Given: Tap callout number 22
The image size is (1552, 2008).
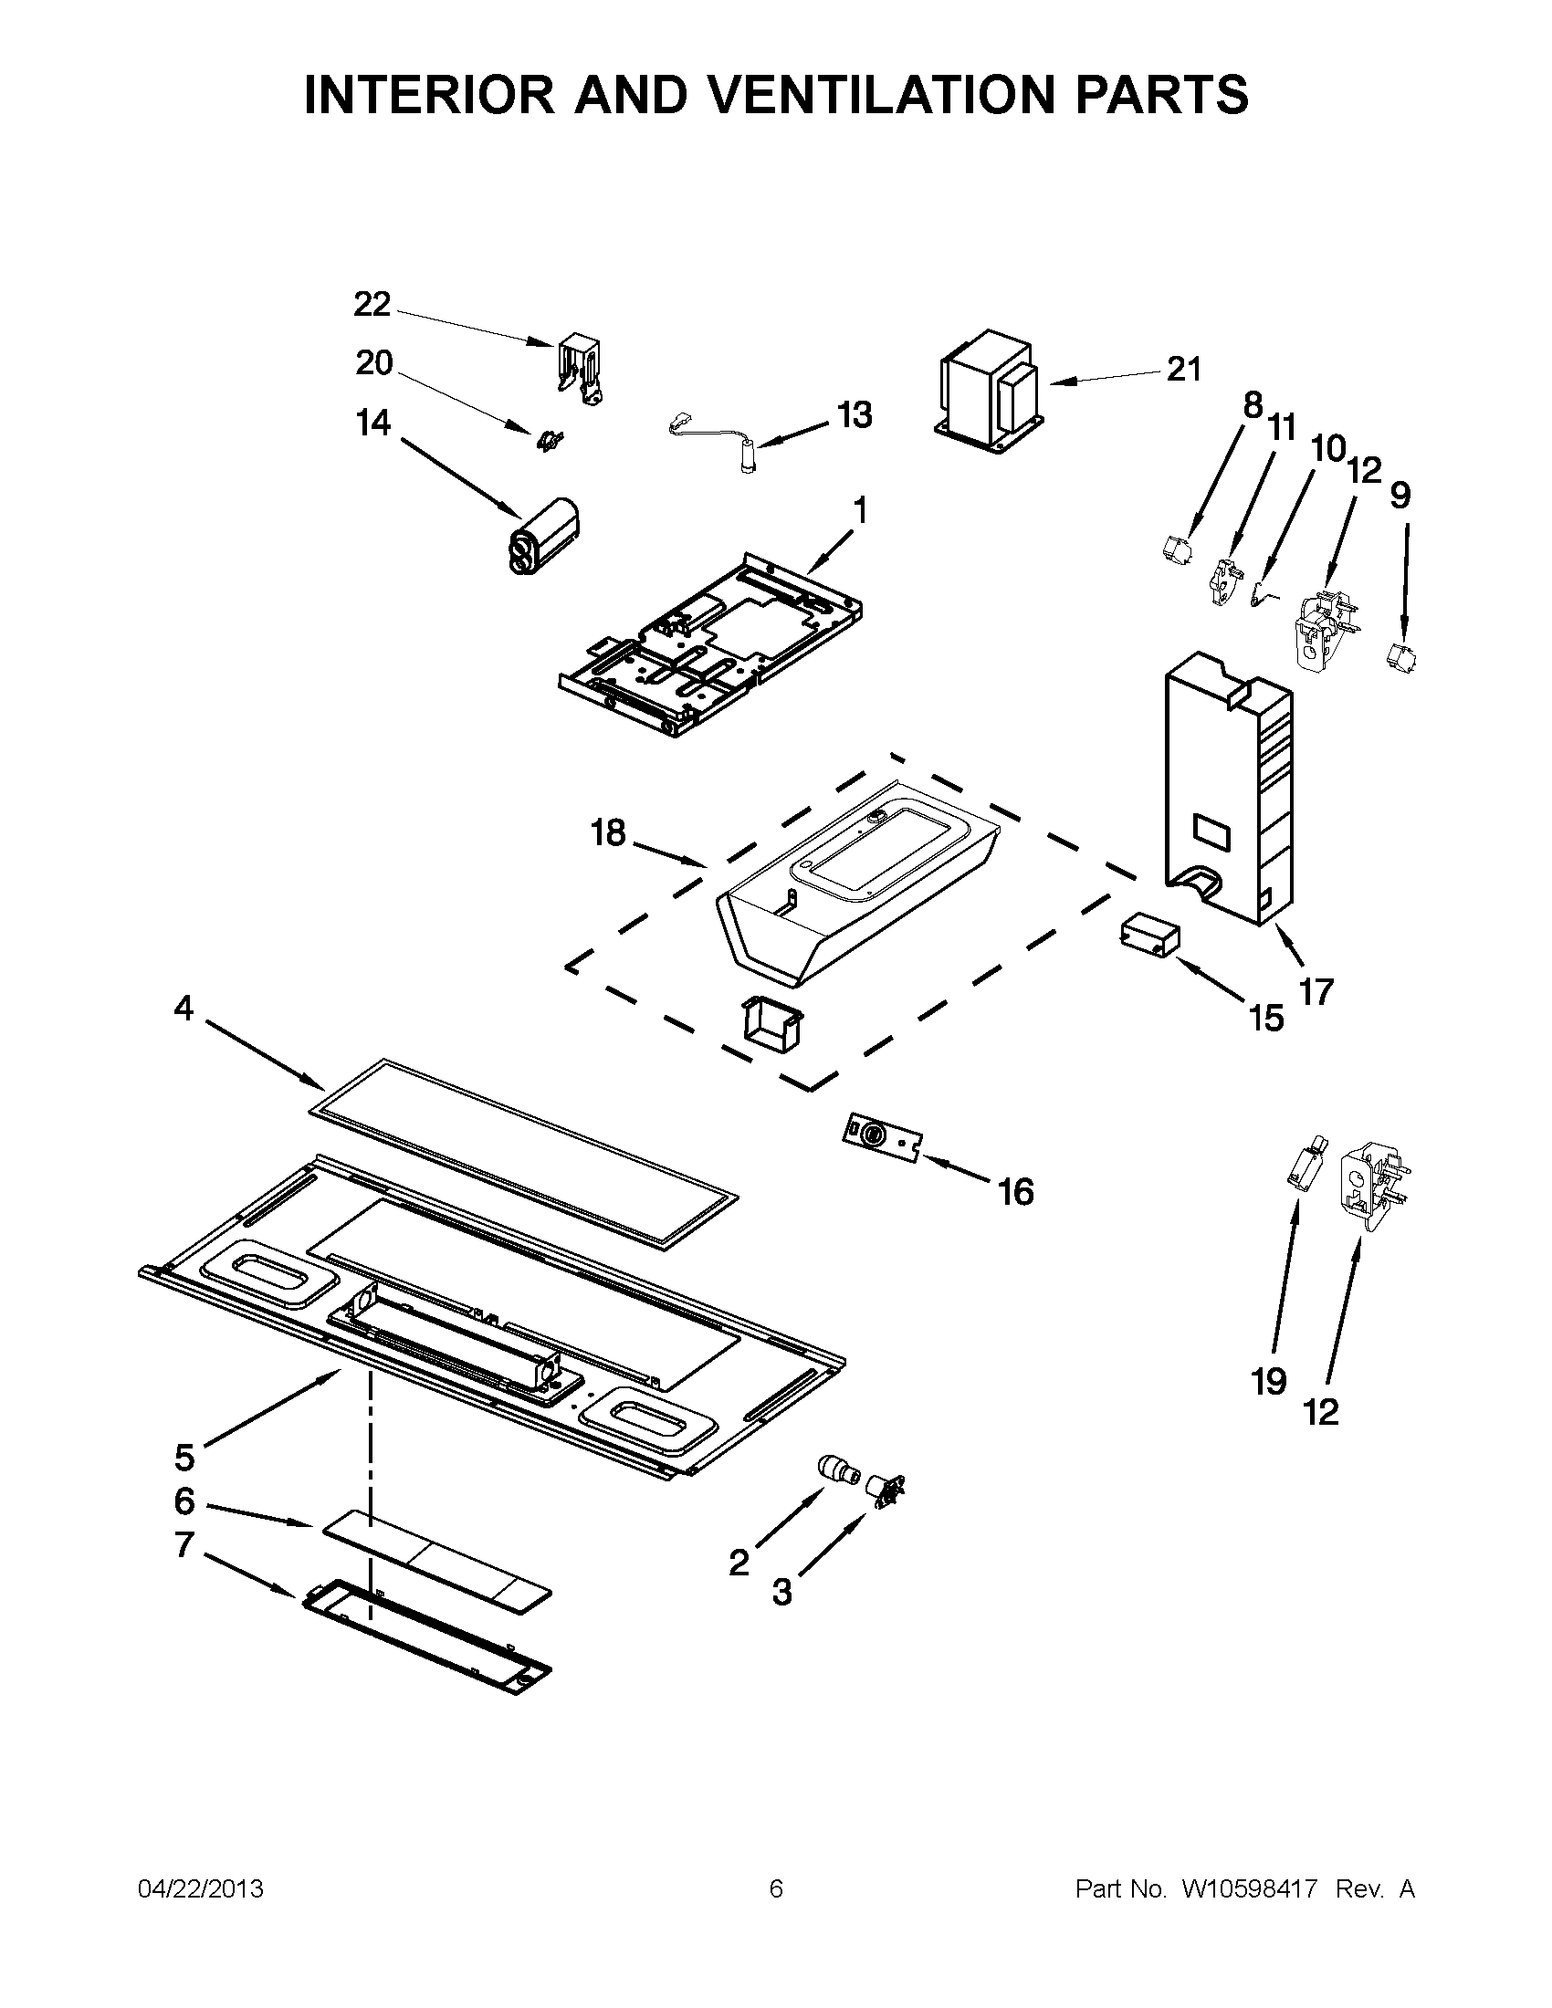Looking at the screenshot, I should click(372, 304).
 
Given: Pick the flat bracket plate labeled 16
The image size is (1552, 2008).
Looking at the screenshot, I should click(883, 1140).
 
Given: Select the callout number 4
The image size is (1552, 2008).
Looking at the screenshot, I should click(184, 1009).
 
